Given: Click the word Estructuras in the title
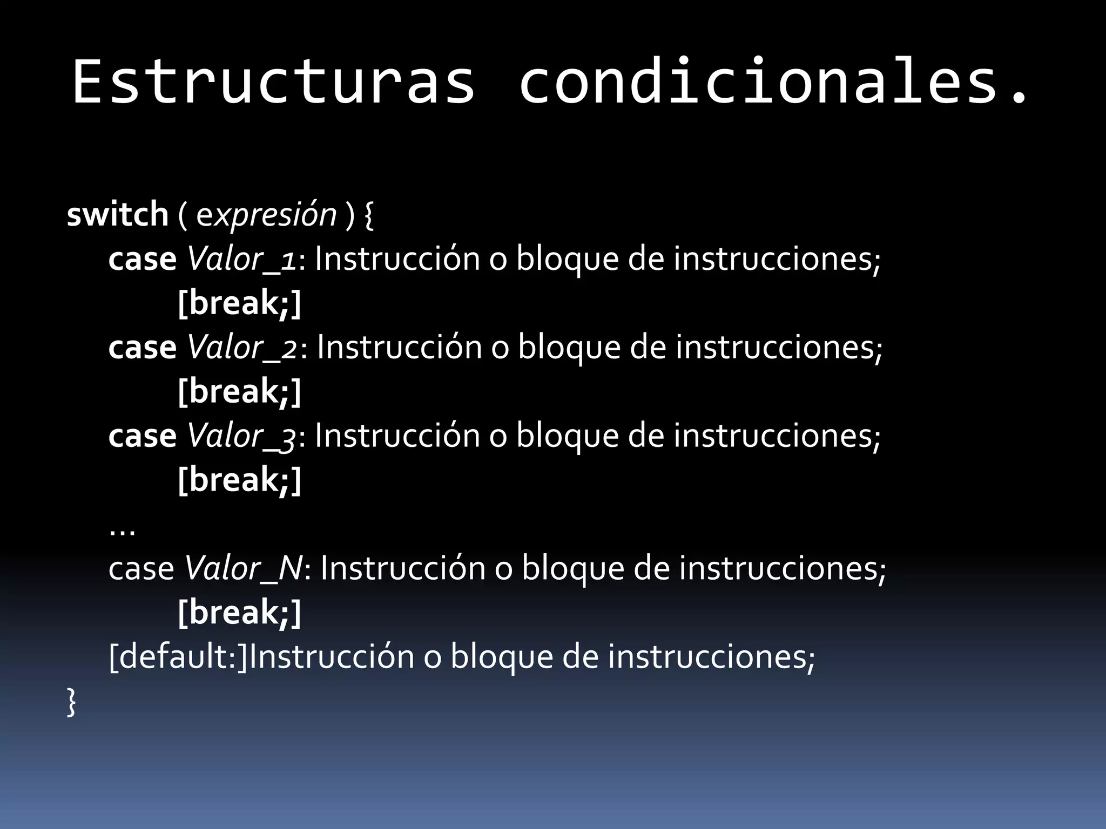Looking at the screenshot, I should pos(273,82).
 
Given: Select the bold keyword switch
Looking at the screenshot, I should pos(118,214).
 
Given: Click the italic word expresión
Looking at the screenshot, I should pos(266,214).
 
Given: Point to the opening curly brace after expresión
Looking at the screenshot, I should pos(369,215).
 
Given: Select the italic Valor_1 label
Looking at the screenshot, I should pos(241,259).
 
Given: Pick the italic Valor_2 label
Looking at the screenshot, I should pos(242,348).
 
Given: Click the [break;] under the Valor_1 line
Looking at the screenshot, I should pos(239,303).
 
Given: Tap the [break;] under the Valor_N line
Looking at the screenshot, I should pos(239,613).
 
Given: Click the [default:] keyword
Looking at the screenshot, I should pos(178,657).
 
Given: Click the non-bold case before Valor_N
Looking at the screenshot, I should pos(141,569).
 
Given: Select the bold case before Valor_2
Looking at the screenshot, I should pos(142,348).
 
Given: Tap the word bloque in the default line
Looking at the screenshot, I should pos(501,657).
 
